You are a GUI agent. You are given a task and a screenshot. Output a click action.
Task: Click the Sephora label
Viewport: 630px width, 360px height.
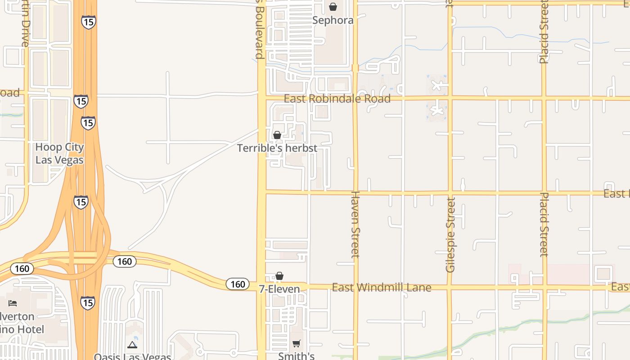(333, 20)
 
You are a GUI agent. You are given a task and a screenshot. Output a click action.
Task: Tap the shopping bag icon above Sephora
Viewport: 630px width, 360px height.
(333, 7)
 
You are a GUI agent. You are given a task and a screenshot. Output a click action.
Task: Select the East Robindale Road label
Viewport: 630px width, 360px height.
(337, 99)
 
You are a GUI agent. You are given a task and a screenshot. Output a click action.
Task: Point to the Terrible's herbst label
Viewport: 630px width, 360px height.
(277, 148)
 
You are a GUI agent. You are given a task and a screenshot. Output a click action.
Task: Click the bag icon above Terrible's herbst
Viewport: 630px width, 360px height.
(277, 135)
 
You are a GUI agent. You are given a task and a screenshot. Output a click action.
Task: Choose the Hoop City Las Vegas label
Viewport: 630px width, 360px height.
(59, 153)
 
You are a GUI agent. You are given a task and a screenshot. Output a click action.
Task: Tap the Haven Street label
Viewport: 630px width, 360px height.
(355, 224)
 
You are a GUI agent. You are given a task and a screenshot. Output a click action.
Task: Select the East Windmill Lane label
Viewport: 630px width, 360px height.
(382, 287)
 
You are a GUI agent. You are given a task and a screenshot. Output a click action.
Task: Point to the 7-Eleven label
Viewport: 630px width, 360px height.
(279, 289)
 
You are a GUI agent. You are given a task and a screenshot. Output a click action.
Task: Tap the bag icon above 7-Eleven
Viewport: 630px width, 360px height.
(279, 276)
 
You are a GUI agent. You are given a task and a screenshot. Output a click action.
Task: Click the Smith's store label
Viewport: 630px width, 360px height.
(296, 356)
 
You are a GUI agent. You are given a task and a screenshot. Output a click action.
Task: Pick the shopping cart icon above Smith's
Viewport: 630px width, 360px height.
(297, 344)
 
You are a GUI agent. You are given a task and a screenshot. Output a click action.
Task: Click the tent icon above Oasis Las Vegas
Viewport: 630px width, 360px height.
(132, 345)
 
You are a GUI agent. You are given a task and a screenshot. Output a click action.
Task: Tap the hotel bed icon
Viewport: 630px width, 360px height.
(13, 303)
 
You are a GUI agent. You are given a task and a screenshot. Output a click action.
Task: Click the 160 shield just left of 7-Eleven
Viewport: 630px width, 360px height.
(238, 284)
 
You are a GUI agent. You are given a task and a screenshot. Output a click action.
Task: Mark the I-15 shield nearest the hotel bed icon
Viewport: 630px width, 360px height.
(88, 302)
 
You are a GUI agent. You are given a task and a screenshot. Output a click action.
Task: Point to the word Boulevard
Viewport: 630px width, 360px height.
(259, 30)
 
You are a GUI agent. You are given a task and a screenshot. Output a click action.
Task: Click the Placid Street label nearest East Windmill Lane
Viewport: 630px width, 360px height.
(544, 224)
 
